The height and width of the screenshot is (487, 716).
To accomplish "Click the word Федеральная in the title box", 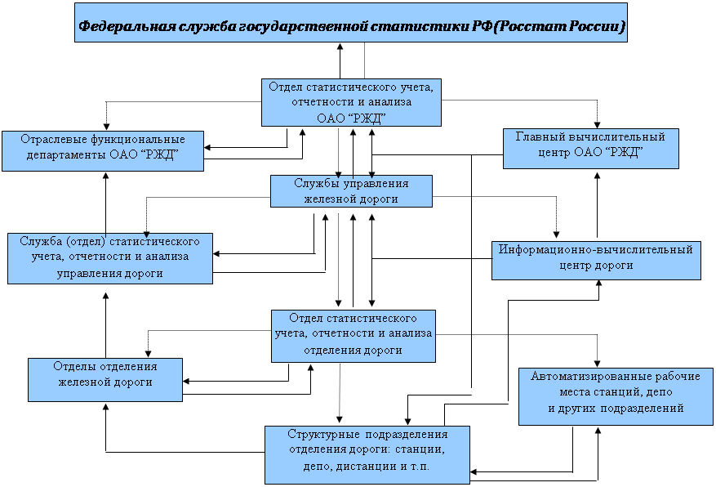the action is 127,26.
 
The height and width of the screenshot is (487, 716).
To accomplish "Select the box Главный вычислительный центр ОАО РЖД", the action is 591,149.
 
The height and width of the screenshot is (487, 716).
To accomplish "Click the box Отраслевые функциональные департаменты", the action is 103,151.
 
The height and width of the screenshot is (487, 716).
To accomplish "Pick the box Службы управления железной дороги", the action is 351,191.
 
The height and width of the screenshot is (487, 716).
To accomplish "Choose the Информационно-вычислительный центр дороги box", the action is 596,261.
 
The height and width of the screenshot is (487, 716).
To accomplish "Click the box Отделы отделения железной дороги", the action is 105,380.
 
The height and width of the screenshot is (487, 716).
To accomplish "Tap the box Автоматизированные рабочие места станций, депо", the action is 616,396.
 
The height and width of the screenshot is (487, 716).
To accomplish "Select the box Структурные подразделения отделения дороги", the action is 367,455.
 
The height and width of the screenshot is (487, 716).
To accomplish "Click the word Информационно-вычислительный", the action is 595,249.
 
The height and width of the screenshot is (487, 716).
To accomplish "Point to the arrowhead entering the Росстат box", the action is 340,46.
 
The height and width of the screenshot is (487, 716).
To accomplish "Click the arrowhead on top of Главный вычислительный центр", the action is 597,125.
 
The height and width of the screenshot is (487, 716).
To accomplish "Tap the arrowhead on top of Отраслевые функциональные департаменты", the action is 106,127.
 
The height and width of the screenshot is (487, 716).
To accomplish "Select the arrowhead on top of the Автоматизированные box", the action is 597,364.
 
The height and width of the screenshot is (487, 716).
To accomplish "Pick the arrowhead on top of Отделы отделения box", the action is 149,354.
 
